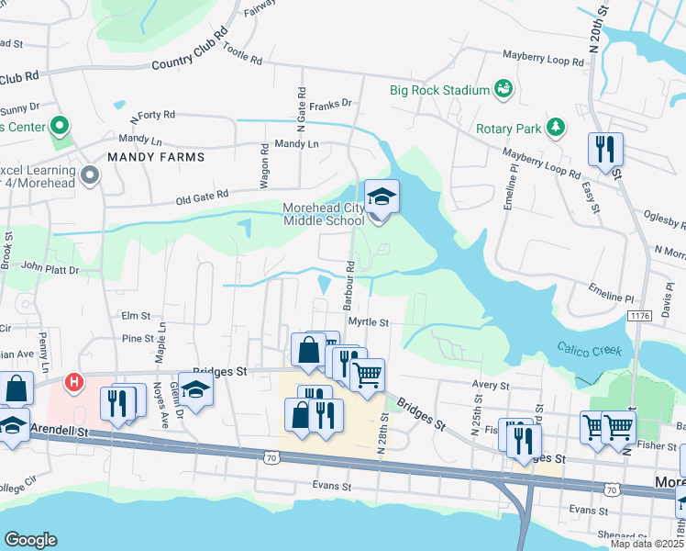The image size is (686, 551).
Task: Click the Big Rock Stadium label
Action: [x=438, y=90]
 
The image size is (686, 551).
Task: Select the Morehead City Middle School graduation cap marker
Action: [x=382, y=196]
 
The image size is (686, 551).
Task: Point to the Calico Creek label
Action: [x=589, y=349]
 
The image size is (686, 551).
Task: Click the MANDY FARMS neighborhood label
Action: [x=156, y=157]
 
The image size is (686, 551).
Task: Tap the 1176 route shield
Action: [x=639, y=315]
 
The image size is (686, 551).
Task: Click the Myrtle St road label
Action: [x=370, y=323]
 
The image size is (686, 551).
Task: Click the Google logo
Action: [x=30, y=540]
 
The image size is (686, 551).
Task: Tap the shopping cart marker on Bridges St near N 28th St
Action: [x=367, y=375]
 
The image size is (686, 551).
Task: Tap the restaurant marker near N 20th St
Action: [x=604, y=150]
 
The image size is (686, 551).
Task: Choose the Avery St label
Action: [x=491, y=386]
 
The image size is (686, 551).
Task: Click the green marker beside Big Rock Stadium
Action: [x=502, y=89]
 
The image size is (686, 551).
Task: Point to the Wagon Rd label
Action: [x=264, y=165]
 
